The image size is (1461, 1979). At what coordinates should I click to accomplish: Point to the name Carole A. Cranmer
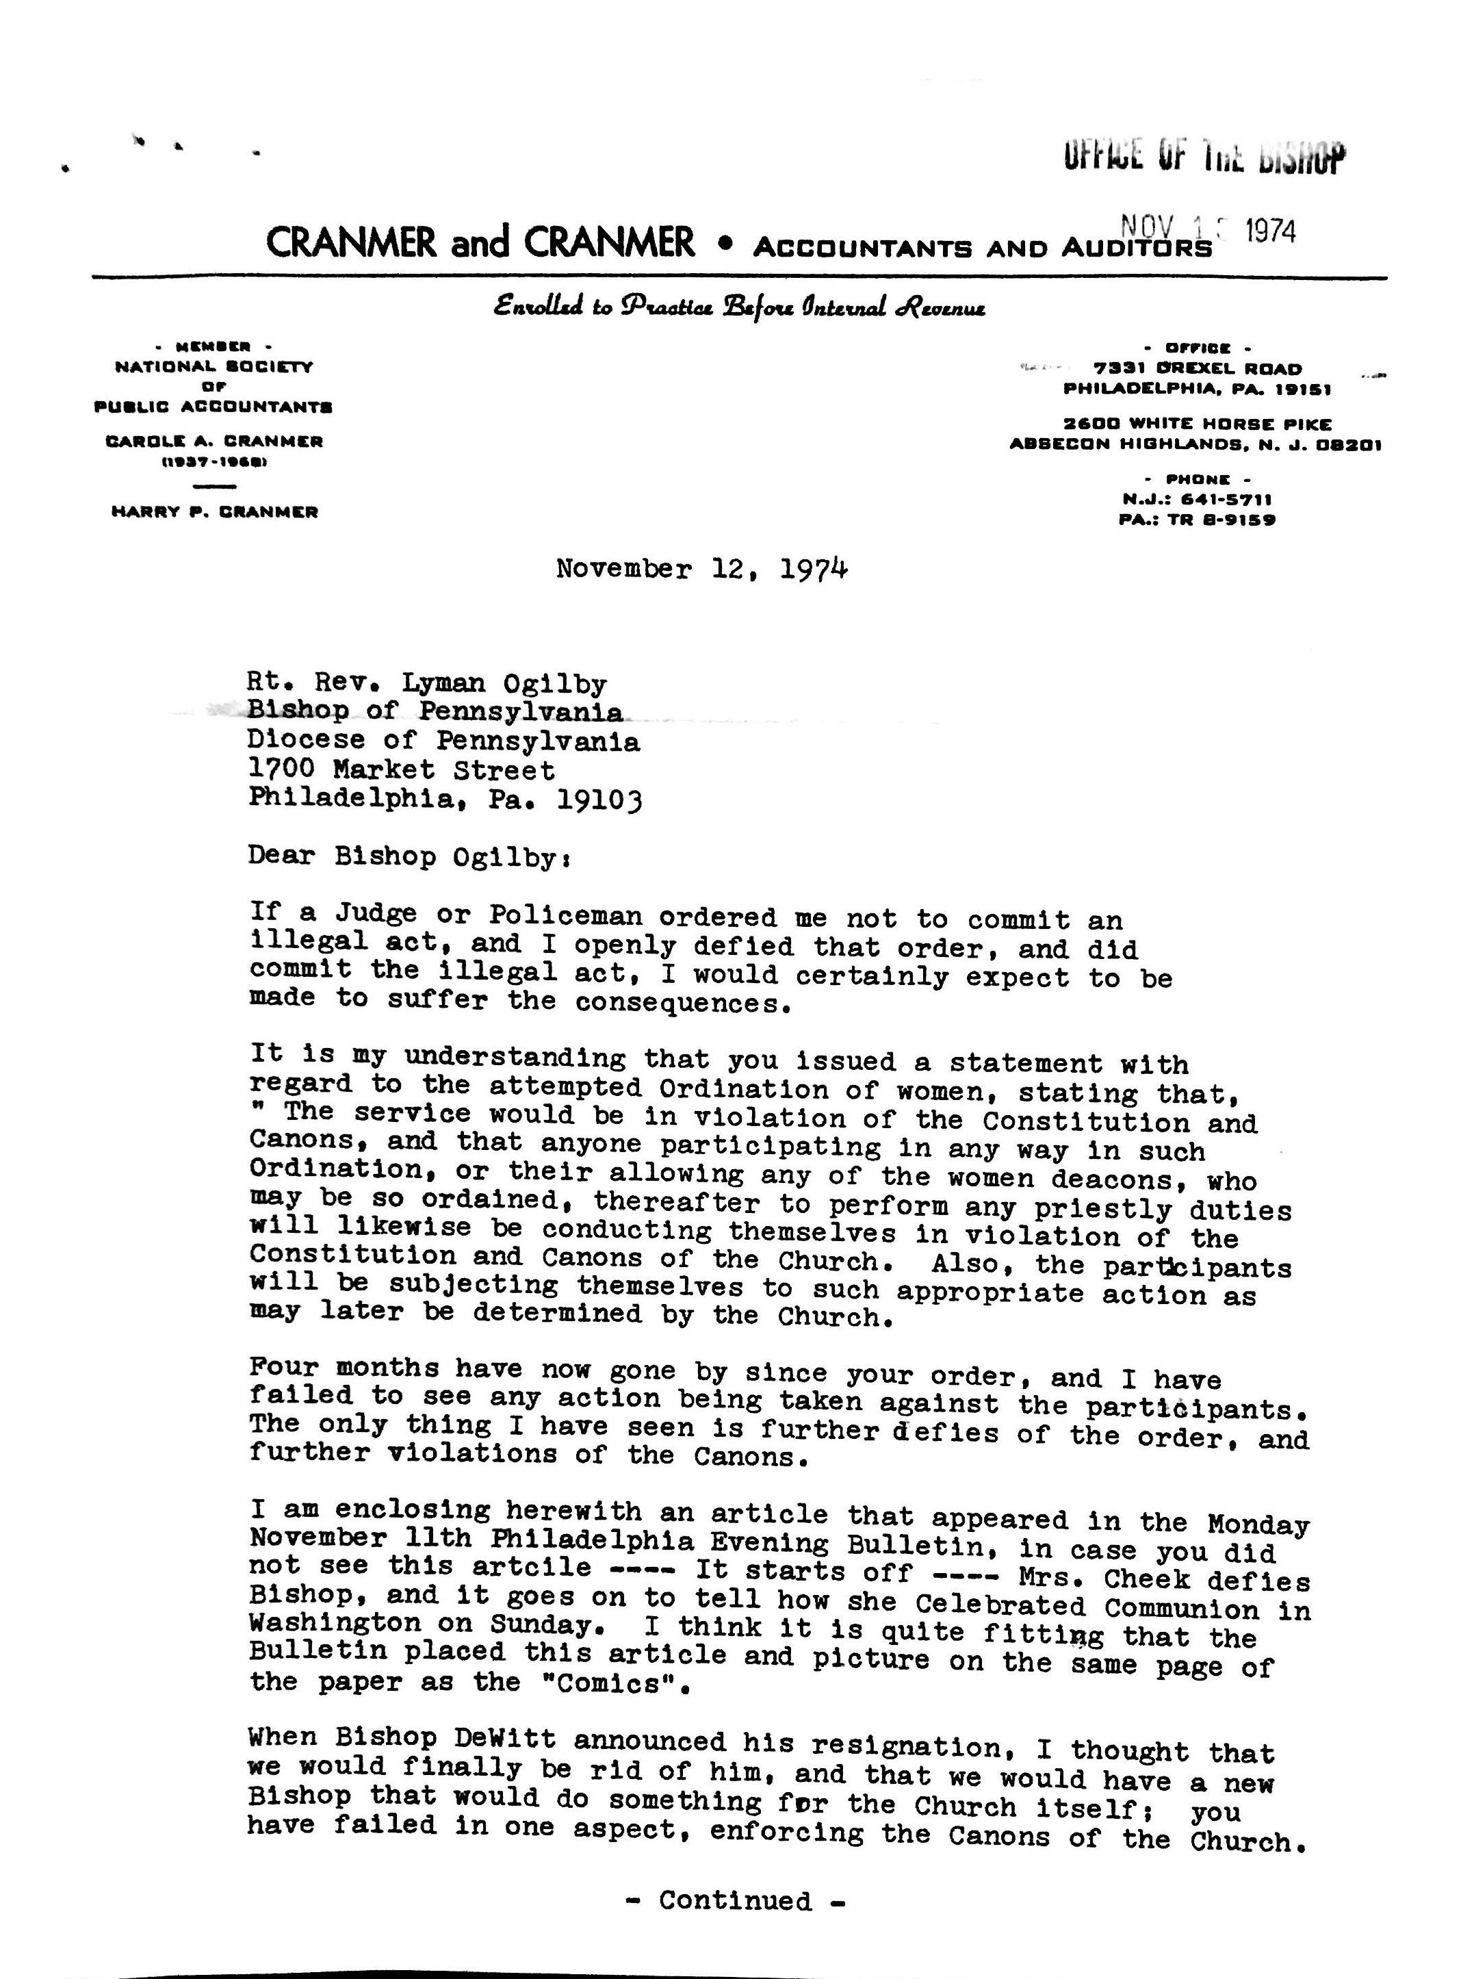coord(214,442)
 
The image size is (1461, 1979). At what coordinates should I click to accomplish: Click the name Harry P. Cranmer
coord(214,512)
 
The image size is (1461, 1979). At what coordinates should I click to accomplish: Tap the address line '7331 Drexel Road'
coord(1198,368)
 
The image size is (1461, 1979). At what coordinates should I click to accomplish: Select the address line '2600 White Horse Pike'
coord(1198,424)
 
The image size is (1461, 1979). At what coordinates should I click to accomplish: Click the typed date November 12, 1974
coord(702,569)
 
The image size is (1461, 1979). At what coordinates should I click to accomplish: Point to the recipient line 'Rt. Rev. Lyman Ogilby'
coord(427,683)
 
